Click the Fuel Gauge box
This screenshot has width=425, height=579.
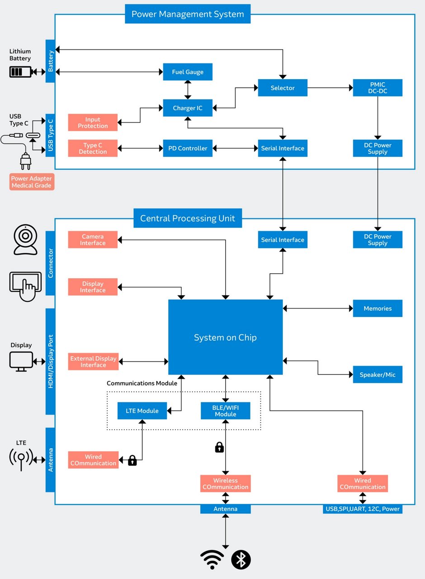point(188,72)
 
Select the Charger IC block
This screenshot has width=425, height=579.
point(188,108)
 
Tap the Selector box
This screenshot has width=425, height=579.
point(283,88)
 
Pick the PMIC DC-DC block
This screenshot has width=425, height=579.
point(378,88)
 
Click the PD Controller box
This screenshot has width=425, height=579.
point(188,148)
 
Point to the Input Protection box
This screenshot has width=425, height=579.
point(93,123)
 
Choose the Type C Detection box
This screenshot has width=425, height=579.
point(93,148)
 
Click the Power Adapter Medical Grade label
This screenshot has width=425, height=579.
point(32,182)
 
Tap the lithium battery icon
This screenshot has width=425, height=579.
point(21,71)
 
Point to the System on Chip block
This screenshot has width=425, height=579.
point(225,337)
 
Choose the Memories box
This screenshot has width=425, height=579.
point(378,308)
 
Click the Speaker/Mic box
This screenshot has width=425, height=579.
point(378,375)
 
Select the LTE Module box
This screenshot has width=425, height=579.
point(142,411)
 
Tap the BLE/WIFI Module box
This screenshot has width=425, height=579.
point(225,411)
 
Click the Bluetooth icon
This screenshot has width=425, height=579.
point(241,560)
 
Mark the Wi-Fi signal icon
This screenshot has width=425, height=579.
point(212,560)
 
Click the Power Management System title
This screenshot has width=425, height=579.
point(188,14)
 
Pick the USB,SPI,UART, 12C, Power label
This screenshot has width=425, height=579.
point(363,509)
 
